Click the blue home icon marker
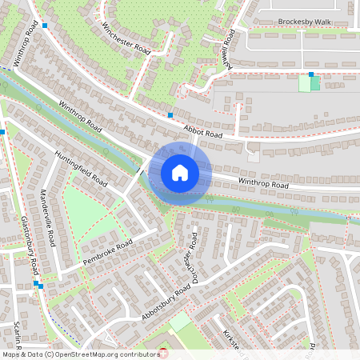[180, 173]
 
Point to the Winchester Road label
[126, 38]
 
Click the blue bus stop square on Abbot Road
[170, 115]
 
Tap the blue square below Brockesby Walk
[310, 74]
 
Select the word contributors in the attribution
[138, 354]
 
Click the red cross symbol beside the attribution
[165, 353]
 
